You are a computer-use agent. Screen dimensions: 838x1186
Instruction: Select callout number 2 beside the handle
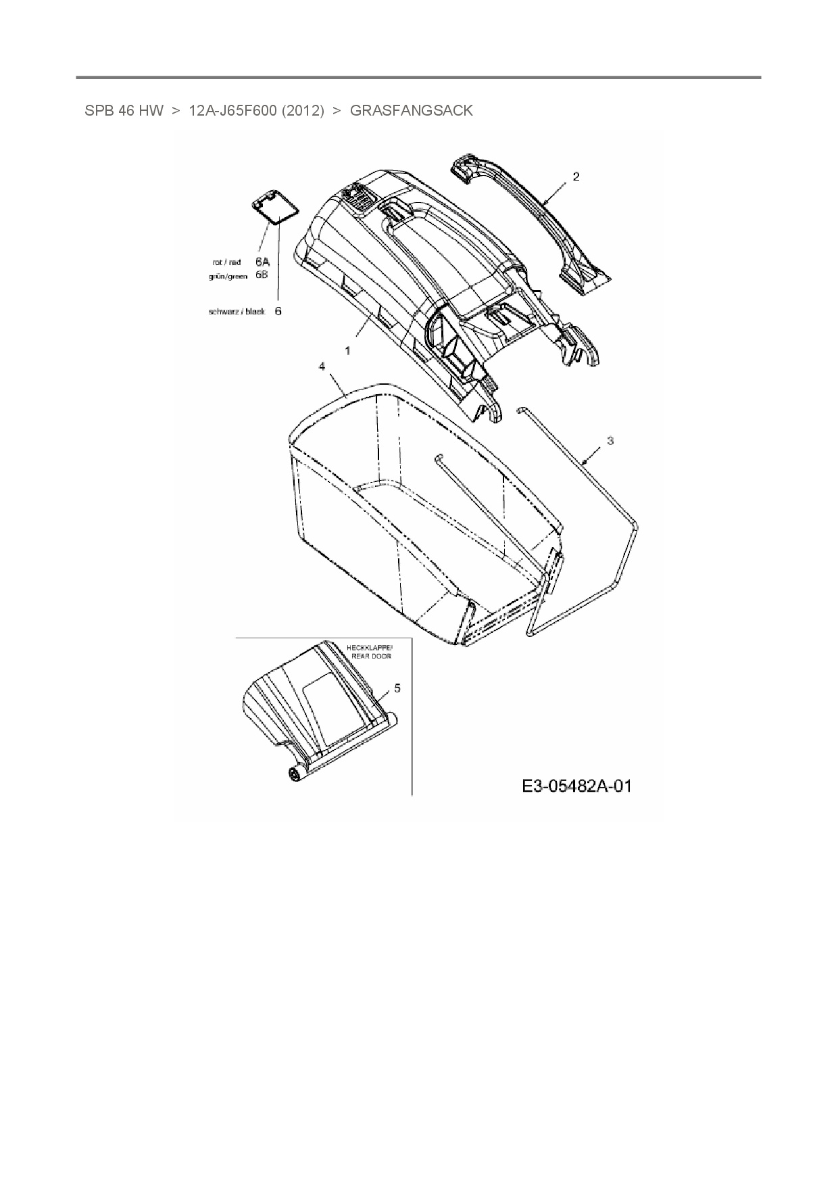(x=576, y=176)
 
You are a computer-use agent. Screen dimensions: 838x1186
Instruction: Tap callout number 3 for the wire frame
(x=610, y=441)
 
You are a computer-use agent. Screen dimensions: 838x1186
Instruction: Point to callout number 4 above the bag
(x=322, y=366)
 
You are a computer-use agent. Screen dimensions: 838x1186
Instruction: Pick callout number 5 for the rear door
(x=397, y=688)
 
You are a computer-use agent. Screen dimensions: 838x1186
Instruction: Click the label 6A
(x=262, y=262)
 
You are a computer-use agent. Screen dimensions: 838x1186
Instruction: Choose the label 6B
(x=262, y=275)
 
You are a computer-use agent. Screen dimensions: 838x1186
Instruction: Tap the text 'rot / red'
(x=226, y=262)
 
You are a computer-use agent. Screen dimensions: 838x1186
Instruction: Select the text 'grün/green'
(x=228, y=276)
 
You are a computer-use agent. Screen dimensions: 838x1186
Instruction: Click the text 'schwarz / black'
(x=237, y=312)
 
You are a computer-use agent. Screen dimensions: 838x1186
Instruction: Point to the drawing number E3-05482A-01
(x=576, y=786)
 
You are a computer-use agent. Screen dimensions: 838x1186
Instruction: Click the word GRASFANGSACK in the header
(x=411, y=111)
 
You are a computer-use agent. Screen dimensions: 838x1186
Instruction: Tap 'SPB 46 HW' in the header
(x=124, y=111)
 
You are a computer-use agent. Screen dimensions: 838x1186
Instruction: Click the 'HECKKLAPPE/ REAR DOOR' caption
(x=369, y=652)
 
